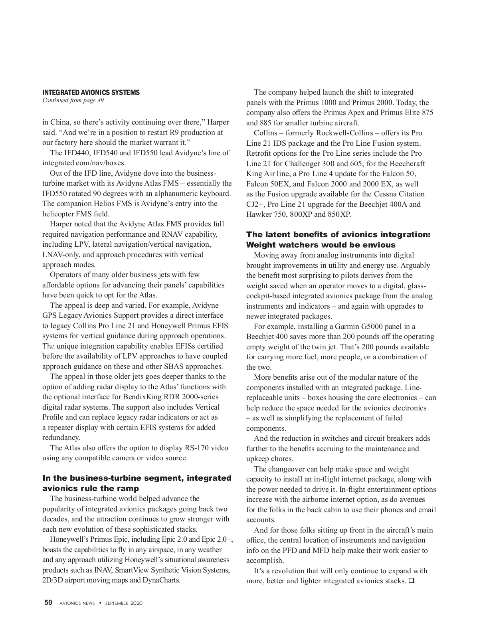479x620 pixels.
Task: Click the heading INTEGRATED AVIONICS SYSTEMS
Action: pyautogui.click(x=91, y=93)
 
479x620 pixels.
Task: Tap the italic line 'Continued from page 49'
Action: pyautogui.click(x=73, y=101)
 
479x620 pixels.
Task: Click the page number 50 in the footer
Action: pyautogui.click(x=48, y=603)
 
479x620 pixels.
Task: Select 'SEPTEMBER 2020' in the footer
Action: pyautogui.click(x=124, y=603)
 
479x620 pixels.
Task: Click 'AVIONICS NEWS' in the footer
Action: pyautogui.click(x=77, y=603)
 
